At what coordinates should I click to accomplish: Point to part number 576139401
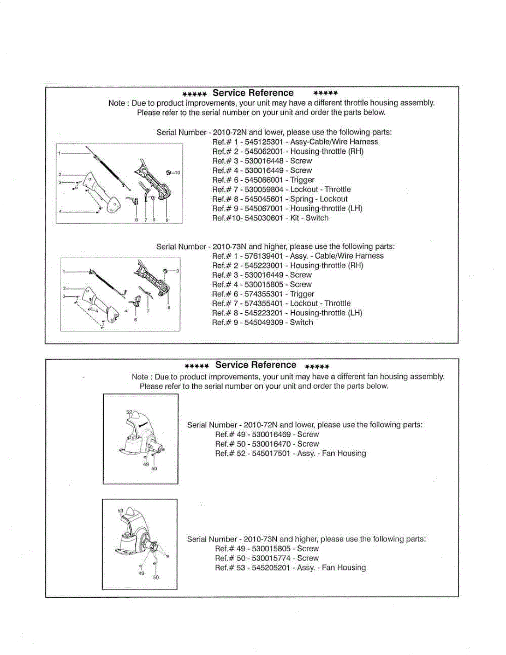265,256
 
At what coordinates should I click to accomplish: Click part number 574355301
265,294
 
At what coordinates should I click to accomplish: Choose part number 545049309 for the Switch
265,323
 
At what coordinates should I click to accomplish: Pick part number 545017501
272,454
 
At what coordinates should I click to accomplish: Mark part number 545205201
272,568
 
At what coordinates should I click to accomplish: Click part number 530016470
272,444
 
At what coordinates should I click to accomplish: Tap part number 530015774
272,558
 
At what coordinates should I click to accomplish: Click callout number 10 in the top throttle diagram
177,172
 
